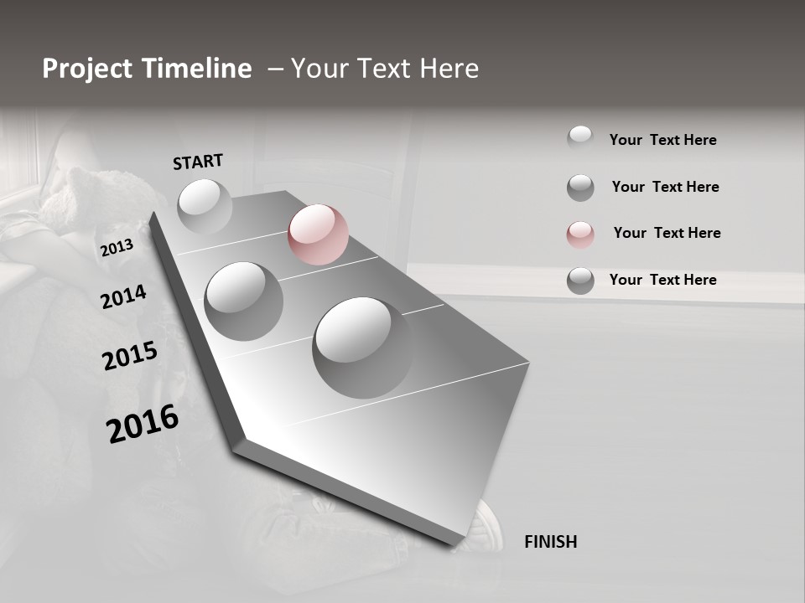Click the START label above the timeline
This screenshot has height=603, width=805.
point(198,162)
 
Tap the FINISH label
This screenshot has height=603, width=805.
point(550,542)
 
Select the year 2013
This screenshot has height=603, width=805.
point(117,248)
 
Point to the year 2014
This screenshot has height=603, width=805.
point(123,297)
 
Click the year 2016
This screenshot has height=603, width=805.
point(143,423)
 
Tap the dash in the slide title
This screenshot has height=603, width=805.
point(274,69)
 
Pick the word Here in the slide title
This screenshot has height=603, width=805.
point(446,69)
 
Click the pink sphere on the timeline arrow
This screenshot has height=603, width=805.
point(318,234)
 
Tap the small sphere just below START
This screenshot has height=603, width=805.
point(205,206)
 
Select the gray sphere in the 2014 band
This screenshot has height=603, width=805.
point(243,301)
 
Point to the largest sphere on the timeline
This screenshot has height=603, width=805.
point(362,347)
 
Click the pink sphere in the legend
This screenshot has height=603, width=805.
point(580,234)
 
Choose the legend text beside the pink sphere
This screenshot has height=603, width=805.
point(667,233)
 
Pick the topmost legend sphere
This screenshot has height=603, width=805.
point(580,138)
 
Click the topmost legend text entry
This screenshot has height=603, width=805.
point(662,140)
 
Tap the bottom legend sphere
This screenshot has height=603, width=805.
point(580,281)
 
